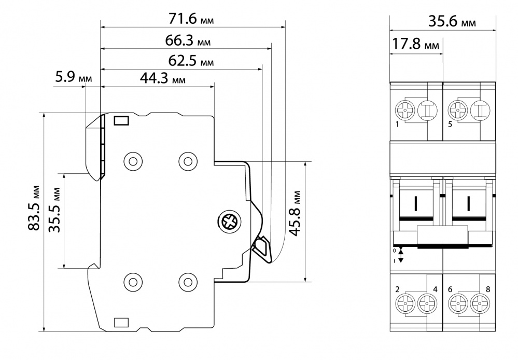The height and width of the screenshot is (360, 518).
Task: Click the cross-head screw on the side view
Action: click(x=229, y=222)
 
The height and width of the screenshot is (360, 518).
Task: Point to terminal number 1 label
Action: click(x=397, y=125)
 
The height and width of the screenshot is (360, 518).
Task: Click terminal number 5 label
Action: click(x=450, y=125)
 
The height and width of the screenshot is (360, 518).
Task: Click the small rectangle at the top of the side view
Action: click(x=121, y=121)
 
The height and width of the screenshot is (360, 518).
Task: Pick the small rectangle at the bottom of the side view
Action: click(x=121, y=322)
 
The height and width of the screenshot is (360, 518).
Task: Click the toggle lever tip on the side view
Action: click(x=262, y=248)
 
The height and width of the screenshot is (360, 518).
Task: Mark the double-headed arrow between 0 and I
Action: click(x=400, y=255)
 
